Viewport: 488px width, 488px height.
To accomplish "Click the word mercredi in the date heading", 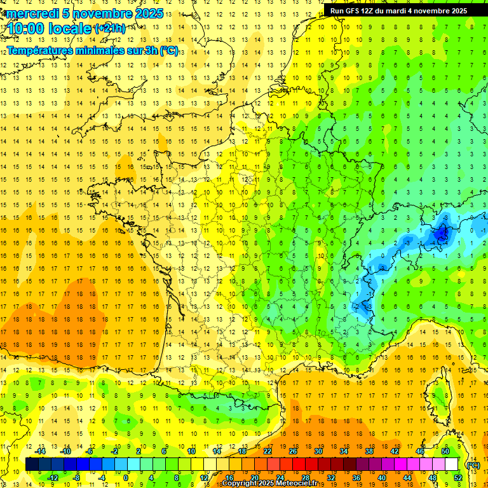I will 31,13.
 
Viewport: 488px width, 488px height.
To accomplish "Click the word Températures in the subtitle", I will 43,50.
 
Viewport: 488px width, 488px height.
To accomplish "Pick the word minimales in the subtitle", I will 106,50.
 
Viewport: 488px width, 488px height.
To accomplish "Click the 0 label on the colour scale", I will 126,477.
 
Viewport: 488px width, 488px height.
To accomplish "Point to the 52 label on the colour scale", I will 458,477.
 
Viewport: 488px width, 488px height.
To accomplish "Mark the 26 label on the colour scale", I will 292,451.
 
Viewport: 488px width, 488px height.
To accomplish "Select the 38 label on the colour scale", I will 369,451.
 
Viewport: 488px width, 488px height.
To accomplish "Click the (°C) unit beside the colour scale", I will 473,464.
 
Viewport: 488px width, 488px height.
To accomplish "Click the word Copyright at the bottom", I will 241,484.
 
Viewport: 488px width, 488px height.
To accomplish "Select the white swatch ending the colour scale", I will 452,464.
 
